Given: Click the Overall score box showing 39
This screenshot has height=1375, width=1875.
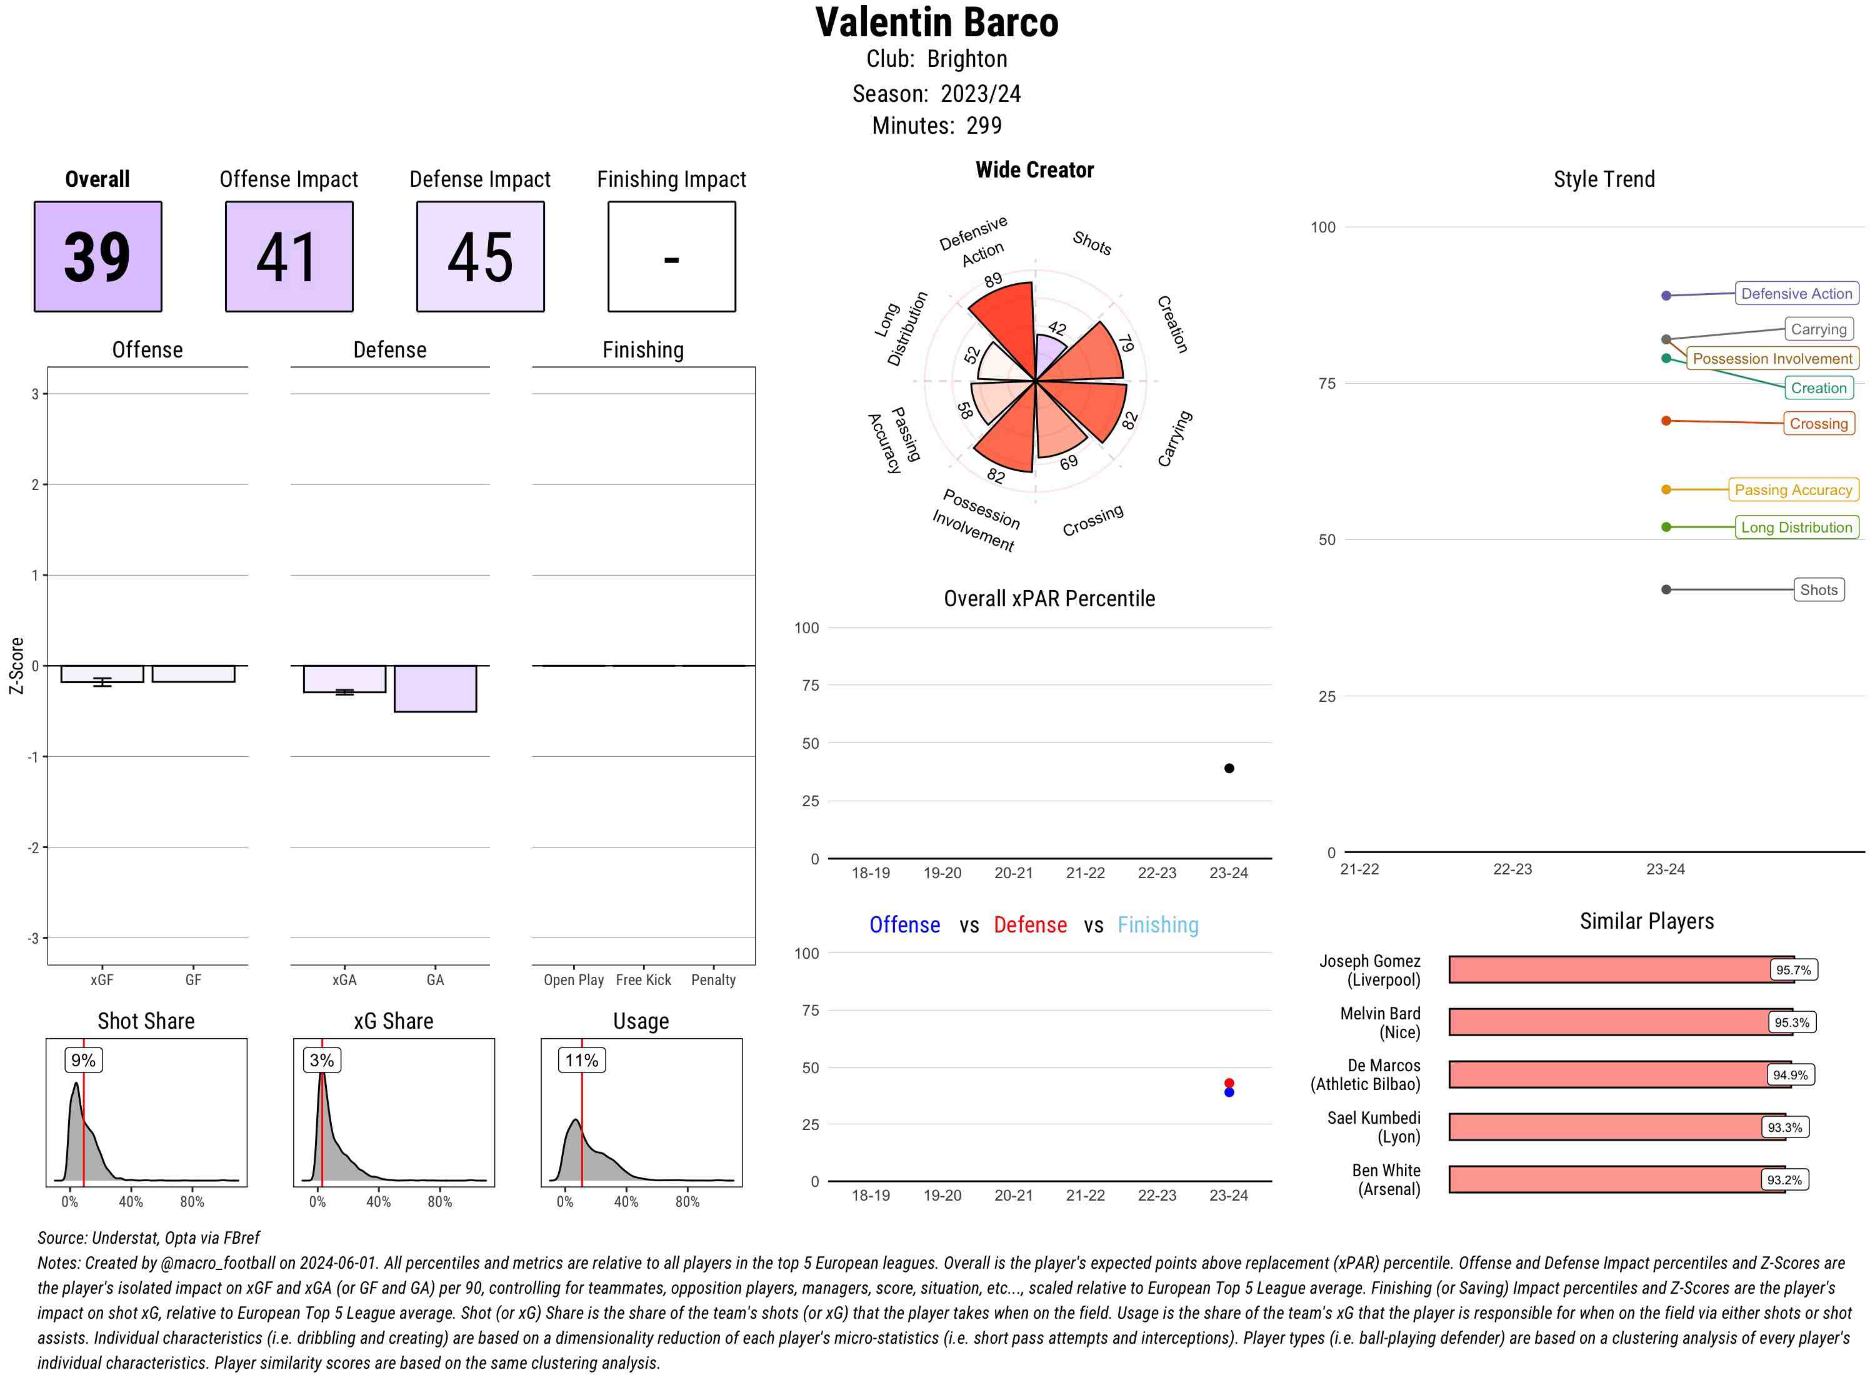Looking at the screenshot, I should click(x=97, y=256).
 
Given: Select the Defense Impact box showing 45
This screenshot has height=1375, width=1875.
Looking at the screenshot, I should click(x=480, y=256).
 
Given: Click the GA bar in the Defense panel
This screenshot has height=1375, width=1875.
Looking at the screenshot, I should click(x=434, y=688).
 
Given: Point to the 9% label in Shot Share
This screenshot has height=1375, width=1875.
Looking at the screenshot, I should click(x=83, y=1059).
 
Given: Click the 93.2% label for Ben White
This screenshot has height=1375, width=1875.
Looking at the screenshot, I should click(x=1784, y=1179).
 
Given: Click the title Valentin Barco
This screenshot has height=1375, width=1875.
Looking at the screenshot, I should click(x=936, y=22).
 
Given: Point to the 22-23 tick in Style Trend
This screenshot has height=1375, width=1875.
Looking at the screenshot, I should click(x=1511, y=869).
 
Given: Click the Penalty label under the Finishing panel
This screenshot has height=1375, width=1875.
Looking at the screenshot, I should click(x=712, y=979).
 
